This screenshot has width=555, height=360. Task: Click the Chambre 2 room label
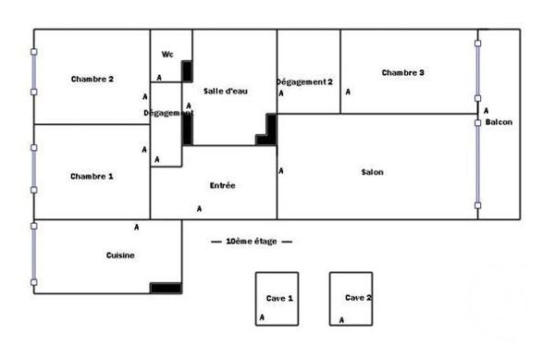pyautogui.click(x=92, y=79)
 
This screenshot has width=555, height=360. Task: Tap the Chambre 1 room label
pyautogui.click(x=92, y=176)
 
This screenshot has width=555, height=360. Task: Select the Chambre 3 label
pyautogui.click(x=402, y=72)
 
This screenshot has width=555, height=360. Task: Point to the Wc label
pyautogui.click(x=167, y=54)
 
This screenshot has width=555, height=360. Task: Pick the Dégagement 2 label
pyautogui.click(x=305, y=81)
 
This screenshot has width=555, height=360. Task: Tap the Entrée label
pyautogui.click(x=223, y=185)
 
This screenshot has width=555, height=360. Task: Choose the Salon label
pyautogui.click(x=373, y=172)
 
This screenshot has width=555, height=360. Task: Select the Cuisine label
pyautogui.click(x=121, y=255)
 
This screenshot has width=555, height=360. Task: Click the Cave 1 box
pyautogui.click(x=278, y=298)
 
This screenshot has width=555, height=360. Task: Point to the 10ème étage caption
pyautogui.click(x=252, y=241)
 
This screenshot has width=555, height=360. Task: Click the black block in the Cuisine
pyautogui.click(x=166, y=288)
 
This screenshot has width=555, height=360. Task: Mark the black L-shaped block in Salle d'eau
pyautogui.click(x=268, y=132)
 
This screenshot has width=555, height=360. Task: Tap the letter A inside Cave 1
pyautogui.click(x=262, y=318)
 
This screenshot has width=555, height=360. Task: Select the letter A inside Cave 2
pyautogui.click(x=342, y=320)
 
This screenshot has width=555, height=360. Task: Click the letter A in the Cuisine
pyautogui.click(x=136, y=227)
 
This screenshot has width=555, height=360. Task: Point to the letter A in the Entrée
pyautogui.click(x=199, y=208)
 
